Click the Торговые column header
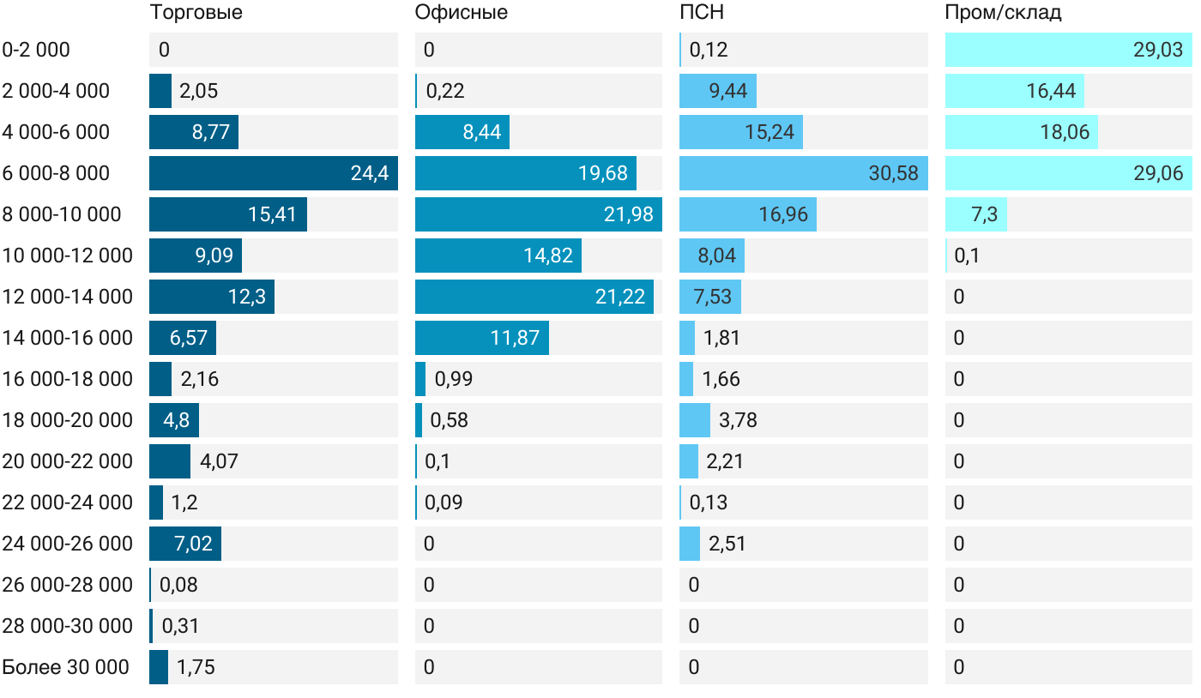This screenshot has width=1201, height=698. pos(196,12)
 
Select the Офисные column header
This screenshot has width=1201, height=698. pos(461,12)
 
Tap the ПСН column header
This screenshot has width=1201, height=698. pos(696,12)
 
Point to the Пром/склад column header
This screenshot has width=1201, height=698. pos(1003,12)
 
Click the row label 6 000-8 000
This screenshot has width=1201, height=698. pos(56,173)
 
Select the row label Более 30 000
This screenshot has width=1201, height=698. pos(65,667)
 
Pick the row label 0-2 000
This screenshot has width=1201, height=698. pos(36,50)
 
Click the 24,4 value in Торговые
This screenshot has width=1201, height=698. pos(369,173)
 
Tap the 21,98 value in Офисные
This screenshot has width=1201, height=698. pos(628,214)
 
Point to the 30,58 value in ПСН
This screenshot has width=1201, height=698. pos(893,173)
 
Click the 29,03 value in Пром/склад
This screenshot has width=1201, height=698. pos(1157,50)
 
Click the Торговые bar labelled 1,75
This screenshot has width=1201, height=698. pos(159,667)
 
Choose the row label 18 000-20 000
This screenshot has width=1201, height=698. pos(68,420)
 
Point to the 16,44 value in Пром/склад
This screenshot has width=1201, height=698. pos(1051,91)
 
